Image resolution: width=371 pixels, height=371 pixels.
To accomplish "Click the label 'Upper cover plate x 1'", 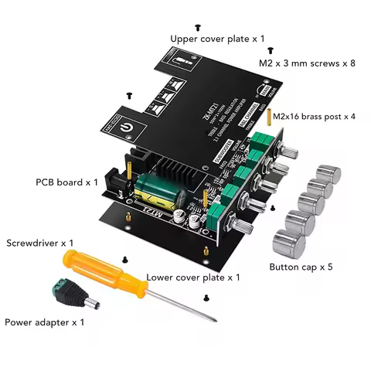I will [217, 38].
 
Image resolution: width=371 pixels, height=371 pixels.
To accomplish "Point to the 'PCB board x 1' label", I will [66, 182].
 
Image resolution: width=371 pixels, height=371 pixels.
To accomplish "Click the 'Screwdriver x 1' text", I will [40, 243].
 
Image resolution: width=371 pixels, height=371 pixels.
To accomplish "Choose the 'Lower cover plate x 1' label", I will [193, 277].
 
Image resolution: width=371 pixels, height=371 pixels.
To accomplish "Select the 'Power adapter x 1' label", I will [44, 322].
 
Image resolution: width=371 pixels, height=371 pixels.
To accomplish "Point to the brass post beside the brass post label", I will [268, 117].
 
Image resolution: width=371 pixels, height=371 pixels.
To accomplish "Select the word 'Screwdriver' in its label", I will [31, 243].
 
